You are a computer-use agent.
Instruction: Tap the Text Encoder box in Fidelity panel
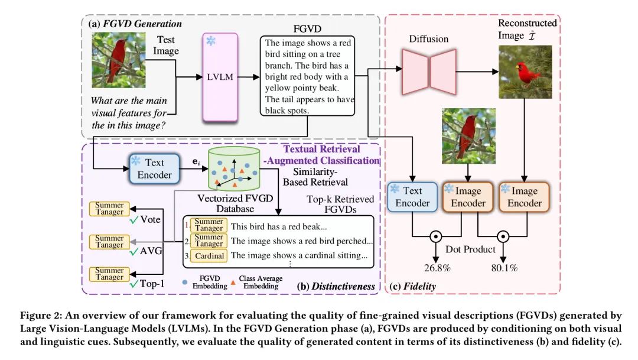[x=412, y=197]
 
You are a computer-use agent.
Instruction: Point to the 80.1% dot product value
[x=504, y=268]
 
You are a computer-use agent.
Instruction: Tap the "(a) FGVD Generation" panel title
[x=135, y=24]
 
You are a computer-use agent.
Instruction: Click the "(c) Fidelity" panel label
[x=412, y=287]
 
